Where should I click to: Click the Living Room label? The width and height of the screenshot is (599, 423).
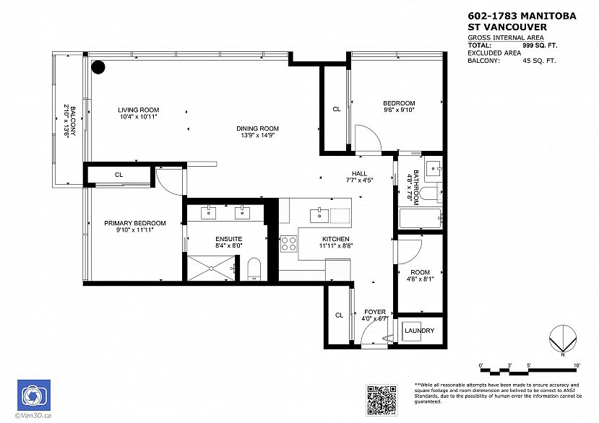138,110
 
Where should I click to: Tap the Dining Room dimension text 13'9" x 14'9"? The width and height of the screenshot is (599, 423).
257,135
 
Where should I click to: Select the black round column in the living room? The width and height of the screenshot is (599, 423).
98,67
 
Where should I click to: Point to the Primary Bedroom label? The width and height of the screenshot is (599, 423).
135,223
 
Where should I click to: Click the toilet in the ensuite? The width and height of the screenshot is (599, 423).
254,269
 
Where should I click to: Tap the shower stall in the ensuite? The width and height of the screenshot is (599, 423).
211,269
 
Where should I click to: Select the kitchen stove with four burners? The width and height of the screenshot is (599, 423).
289,243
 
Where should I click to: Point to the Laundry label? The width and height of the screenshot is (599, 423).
420,331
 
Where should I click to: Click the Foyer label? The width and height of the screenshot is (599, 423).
375,312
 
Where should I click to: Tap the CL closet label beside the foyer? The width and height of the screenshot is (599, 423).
339,315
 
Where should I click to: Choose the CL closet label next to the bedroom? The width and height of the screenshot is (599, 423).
337,109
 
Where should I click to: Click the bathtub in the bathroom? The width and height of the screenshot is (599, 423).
421,219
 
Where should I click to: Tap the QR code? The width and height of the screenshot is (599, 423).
382,400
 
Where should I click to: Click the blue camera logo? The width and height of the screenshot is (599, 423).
34,395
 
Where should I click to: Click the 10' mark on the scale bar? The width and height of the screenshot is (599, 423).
577,365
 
